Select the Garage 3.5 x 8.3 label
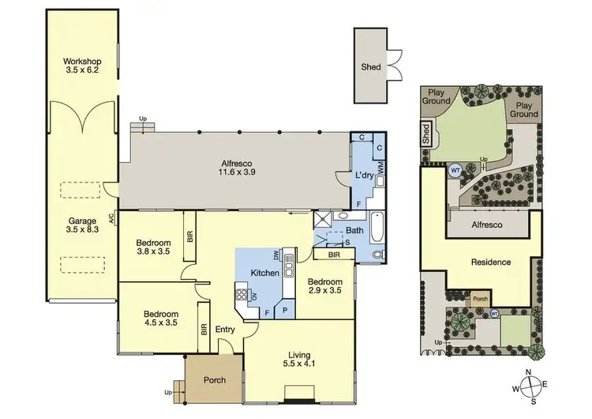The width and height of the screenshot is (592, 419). tap(81, 226)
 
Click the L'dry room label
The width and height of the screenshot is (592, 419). tap(363, 176)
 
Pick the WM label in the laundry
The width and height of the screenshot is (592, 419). tap(380, 167)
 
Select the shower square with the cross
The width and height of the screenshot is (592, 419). tap(322, 219)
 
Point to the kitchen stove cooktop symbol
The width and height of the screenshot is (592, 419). tap(240, 298)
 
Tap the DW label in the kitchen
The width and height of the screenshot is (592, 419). tap(277, 255)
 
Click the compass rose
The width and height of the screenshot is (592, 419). tap(532, 387)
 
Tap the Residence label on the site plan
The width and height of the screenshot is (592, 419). tap(490, 262)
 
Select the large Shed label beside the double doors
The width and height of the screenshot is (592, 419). tap(371, 67)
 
